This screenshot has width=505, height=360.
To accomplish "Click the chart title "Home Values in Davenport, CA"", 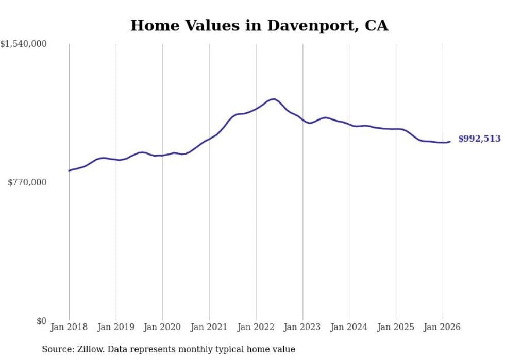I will (x=259, y=25).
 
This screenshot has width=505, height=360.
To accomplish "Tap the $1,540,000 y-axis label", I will (x=24, y=44).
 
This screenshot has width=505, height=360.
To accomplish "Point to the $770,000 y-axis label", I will (x=27, y=182).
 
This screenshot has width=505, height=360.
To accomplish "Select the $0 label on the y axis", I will (x=41, y=321).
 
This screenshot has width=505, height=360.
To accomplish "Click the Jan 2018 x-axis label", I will (x=69, y=327).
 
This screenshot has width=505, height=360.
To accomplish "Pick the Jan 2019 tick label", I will (x=116, y=327).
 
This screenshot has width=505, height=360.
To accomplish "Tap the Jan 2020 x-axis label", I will (x=162, y=327).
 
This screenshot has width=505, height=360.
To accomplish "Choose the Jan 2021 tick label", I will (x=209, y=327).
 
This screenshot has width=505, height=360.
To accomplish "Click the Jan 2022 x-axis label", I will (x=256, y=327).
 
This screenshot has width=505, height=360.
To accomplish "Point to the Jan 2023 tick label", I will (x=302, y=327).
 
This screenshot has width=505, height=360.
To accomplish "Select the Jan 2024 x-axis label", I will (x=349, y=327).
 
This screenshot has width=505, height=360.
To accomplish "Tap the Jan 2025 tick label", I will (x=396, y=327).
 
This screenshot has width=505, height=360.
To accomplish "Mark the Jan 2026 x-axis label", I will (x=443, y=327).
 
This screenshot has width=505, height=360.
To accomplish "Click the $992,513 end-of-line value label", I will (x=479, y=139).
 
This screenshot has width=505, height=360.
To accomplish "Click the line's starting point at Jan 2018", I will (x=69, y=170).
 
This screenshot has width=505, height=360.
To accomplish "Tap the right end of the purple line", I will (x=450, y=142).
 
